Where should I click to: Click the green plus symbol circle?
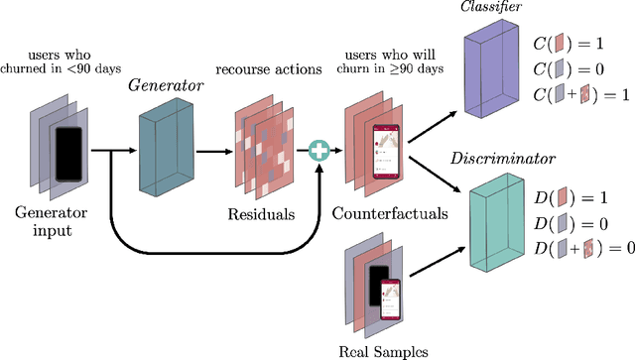coord(319,152)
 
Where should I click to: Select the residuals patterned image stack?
coord(263,149)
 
